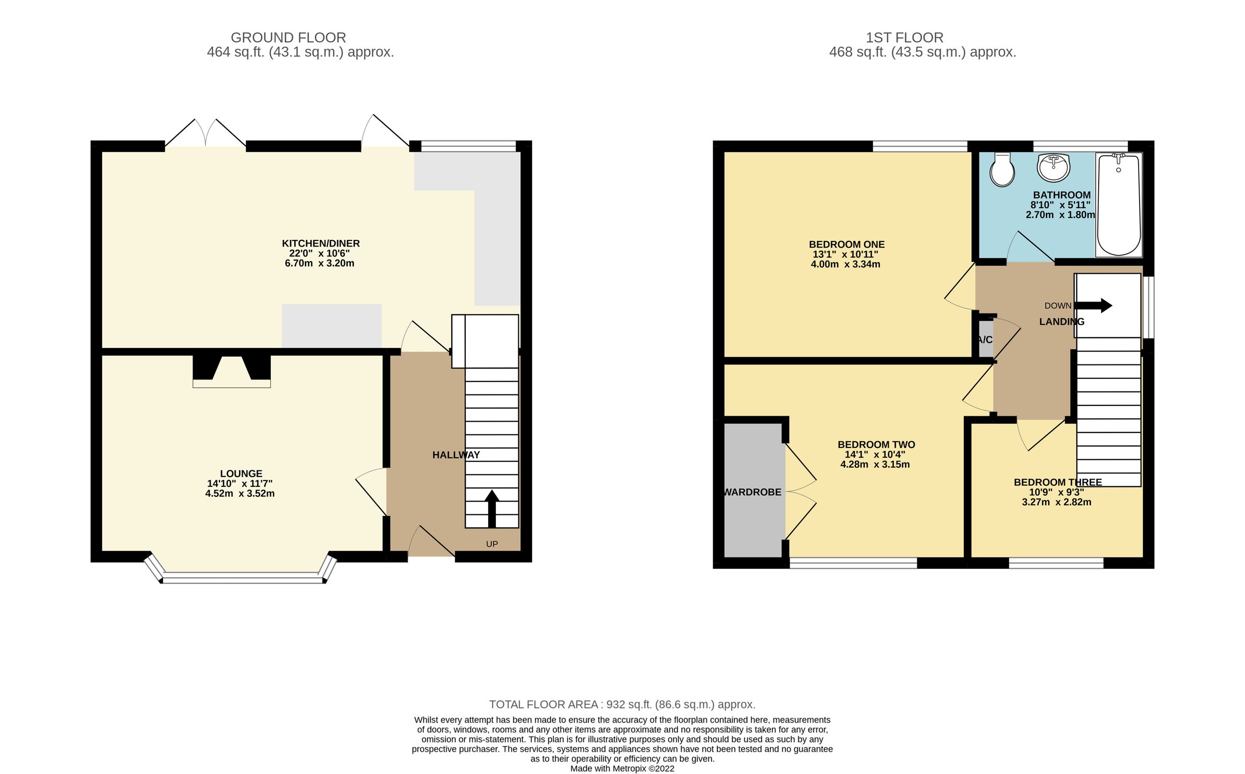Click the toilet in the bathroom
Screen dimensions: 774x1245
[1002, 170]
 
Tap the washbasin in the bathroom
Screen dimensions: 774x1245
[1053, 167]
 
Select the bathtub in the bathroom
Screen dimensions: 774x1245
[1118, 205]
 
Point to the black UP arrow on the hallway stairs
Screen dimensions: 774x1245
[492, 508]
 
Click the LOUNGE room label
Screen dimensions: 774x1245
[241, 473]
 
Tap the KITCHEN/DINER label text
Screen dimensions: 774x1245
[321, 243]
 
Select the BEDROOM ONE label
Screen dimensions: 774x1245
[847, 244]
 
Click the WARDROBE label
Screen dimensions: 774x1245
[753, 492]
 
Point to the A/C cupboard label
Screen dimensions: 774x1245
[985, 340]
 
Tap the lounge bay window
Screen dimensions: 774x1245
[241, 577]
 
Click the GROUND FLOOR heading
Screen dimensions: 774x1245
[288, 37]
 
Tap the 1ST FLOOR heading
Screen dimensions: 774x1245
[904, 37]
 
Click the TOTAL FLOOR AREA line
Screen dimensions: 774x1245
[622, 704]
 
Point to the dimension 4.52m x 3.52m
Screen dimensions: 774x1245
[240, 493]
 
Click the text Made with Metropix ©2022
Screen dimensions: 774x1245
[622, 768]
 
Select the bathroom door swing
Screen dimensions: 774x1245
[1030, 248]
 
